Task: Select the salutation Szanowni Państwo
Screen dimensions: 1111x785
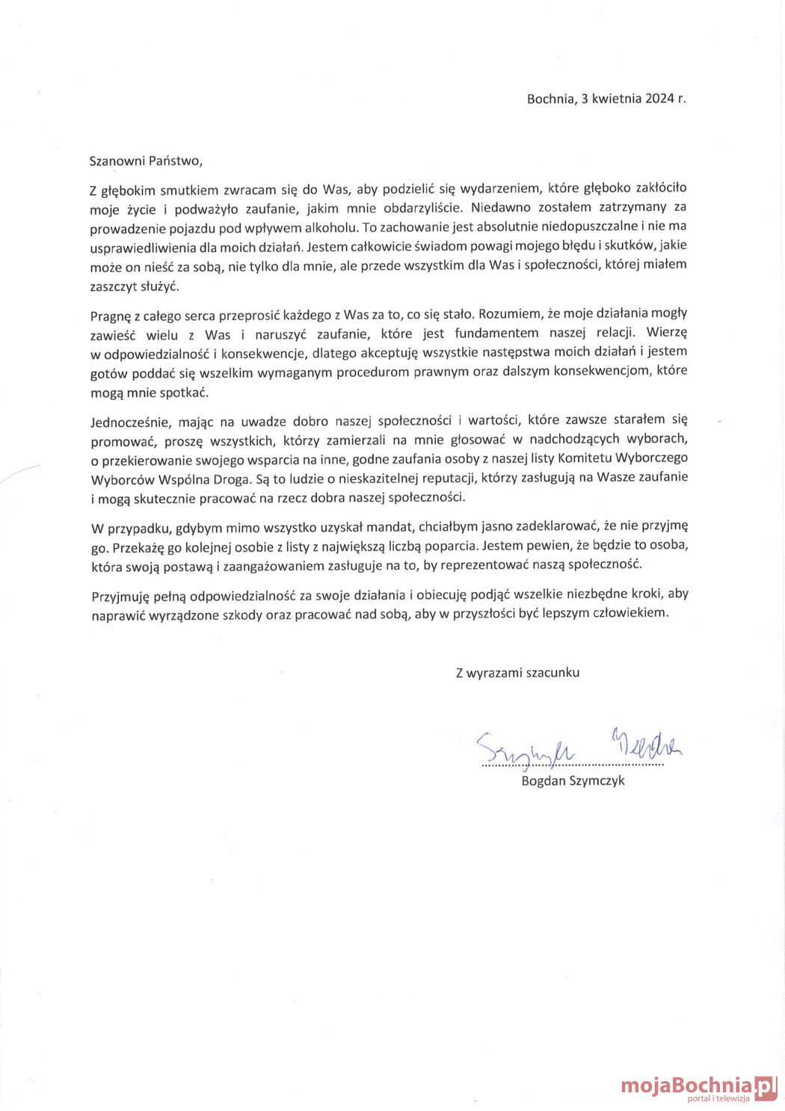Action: tap(146, 161)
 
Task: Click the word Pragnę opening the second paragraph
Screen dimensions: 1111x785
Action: tap(110, 315)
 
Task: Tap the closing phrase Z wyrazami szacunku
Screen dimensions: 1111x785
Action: tap(517, 673)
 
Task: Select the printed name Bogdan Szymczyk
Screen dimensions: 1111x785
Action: tap(573, 781)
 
